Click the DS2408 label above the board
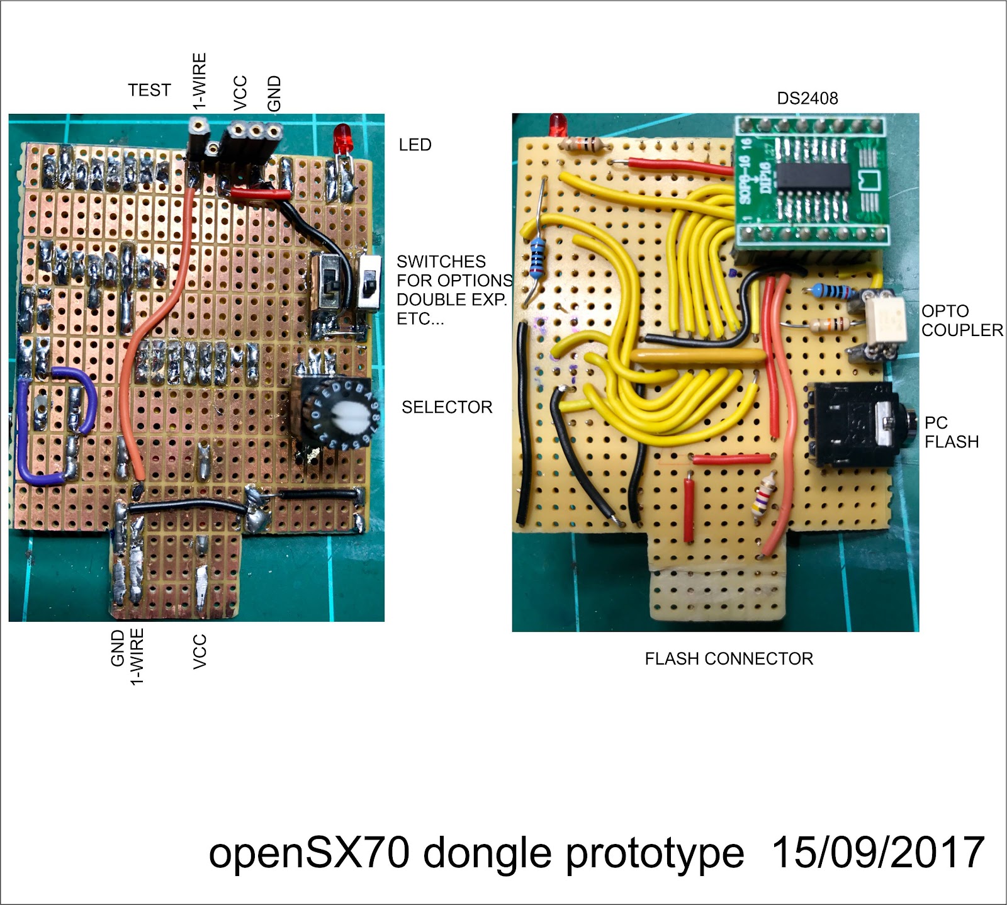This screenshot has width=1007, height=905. click(x=807, y=98)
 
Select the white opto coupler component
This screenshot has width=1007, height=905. click(x=884, y=320)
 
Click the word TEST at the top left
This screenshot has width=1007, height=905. click(x=149, y=90)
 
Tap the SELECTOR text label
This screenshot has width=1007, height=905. click(x=447, y=407)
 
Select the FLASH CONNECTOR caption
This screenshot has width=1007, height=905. click(x=729, y=658)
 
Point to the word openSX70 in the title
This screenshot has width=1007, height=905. click(x=309, y=853)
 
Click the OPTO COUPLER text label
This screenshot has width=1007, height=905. click(x=962, y=320)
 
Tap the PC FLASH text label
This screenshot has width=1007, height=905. click(x=951, y=432)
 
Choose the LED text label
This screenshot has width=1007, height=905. click(x=415, y=145)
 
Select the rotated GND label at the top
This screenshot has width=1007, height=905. click(x=274, y=94)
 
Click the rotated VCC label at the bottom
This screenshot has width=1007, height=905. click(x=200, y=652)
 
